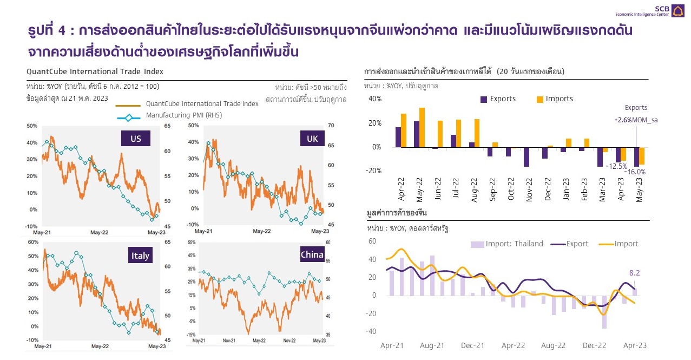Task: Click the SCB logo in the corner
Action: pyautogui.click(x=677, y=11)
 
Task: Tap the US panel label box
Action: pyautogui.click(x=135, y=139)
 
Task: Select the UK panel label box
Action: pyautogui.click(x=312, y=139)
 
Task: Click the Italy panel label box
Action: pyautogui.click(x=140, y=256)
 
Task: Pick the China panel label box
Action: pyautogui.click(x=312, y=255)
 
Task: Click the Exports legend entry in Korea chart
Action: pyautogui.click(x=498, y=99)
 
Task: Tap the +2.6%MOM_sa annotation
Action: pyautogui.click(x=635, y=120)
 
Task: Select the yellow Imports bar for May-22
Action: pyautogui.click(x=422, y=127)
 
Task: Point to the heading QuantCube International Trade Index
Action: pyautogui.click(x=95, y=71)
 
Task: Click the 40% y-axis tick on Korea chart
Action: pyautogui.click(x=374, y=99)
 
